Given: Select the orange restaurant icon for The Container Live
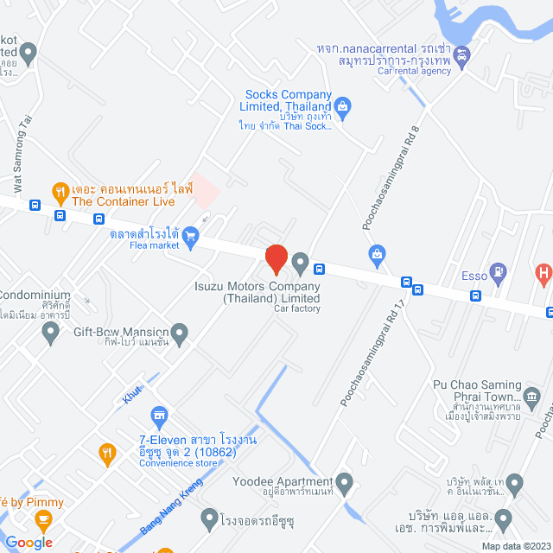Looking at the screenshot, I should click(60, 190).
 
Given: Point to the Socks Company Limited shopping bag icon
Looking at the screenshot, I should click(343, 108).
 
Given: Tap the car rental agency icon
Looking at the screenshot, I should click(461, 57).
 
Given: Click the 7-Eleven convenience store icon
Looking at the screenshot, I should click(158, 417).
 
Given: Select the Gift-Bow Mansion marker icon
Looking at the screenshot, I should click(180, 332).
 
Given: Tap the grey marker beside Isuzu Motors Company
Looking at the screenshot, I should click(300, 262).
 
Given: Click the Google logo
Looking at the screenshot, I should click(29, 543).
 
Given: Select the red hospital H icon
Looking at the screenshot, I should click(543, 276).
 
